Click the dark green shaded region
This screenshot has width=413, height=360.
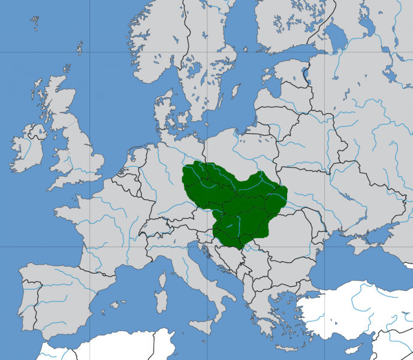pos(234,198)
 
